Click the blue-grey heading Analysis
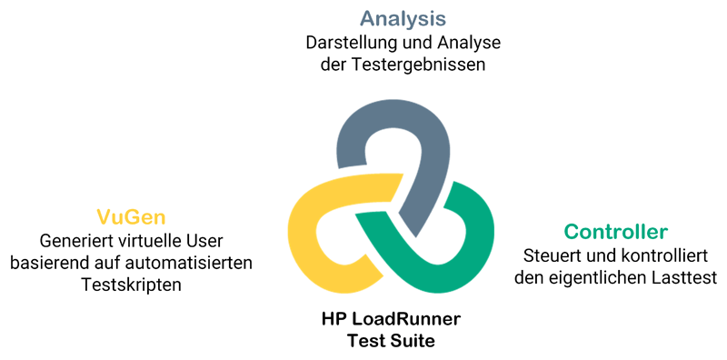403,19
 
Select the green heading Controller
615,232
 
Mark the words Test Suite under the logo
391,342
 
